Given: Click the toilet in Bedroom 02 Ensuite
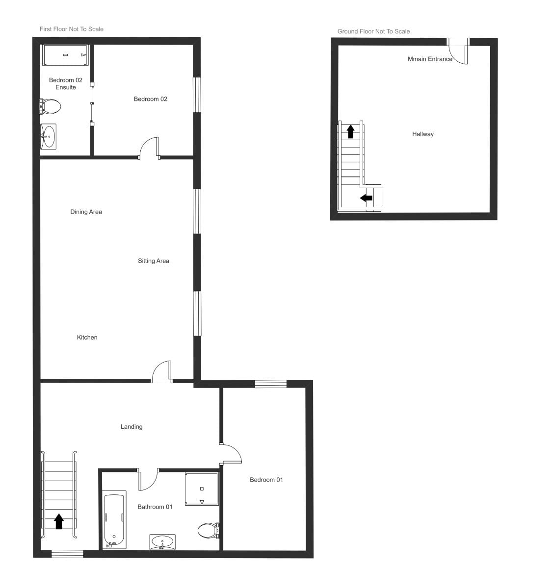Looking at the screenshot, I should click(50, 105).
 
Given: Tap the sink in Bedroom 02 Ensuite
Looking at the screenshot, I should click(49, 136).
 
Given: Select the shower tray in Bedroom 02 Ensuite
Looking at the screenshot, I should click(65, 55).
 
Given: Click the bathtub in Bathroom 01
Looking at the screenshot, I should click(115, 520).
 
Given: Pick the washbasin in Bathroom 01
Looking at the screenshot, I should click(162, 542).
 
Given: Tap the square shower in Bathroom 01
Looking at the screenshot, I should click(202, 489).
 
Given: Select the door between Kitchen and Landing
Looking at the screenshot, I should click(161, 372).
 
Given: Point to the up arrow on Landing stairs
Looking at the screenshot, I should click(59, 521).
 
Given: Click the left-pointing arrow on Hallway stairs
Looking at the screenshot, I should click(366, 198).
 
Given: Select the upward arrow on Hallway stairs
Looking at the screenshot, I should click(350, 131).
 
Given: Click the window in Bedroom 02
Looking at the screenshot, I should click(197, 95).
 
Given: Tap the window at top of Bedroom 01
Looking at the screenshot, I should click(270, 384).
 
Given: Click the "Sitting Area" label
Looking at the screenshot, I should click(154, 261).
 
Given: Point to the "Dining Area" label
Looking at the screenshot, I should click(86, 212).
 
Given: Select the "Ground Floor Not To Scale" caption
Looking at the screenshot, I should click(373, 32).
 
